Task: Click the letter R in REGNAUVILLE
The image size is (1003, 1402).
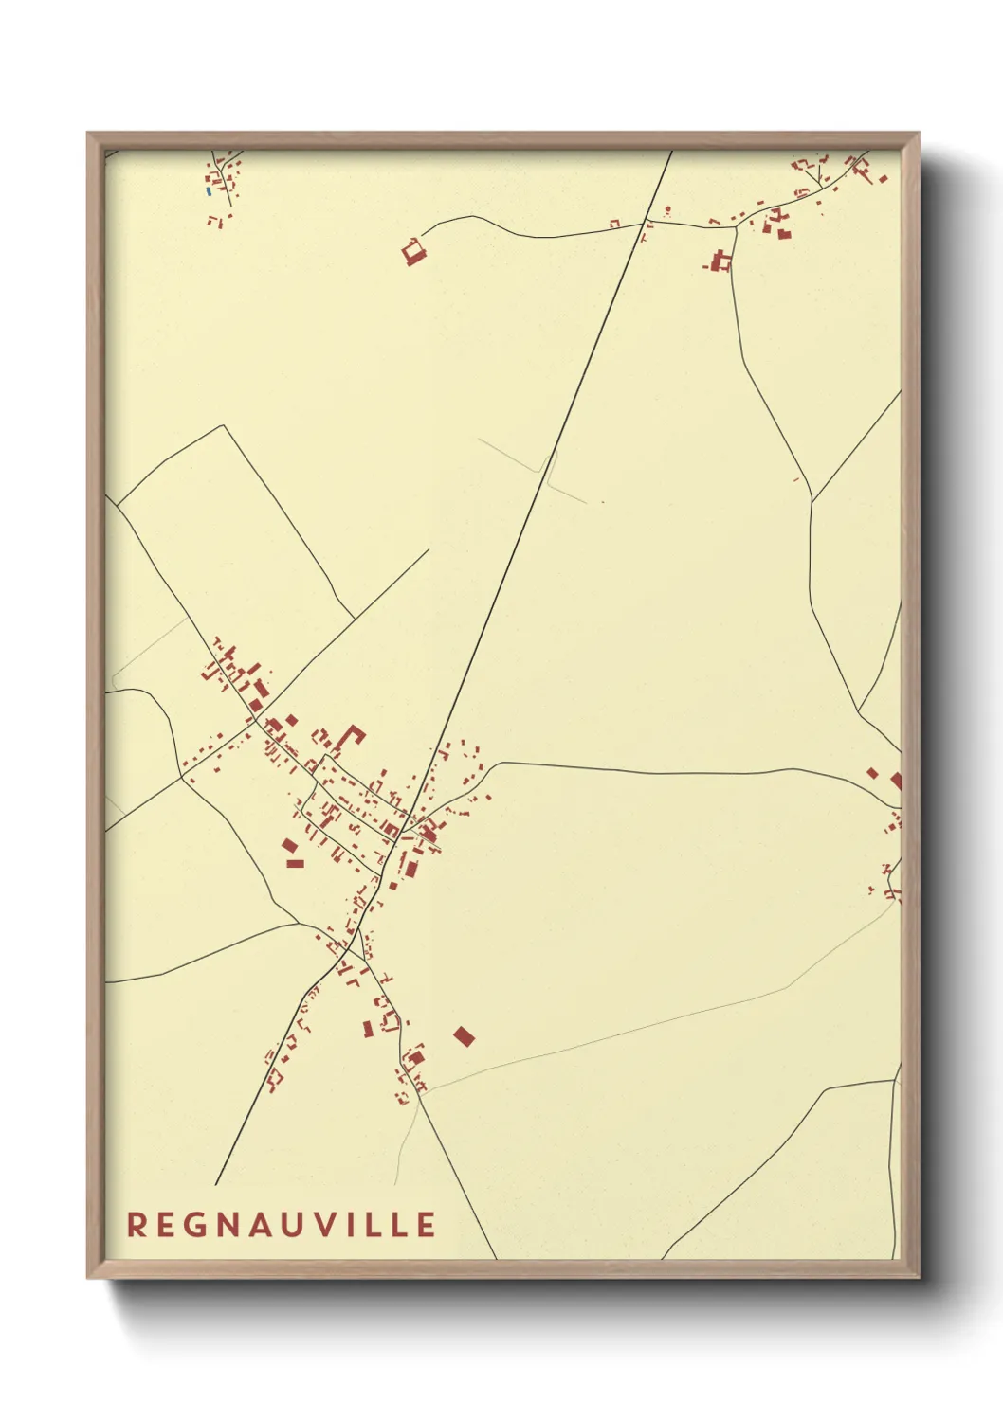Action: click(x=137, y=1225)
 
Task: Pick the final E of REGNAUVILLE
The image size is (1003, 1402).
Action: click(x=426, y=1225)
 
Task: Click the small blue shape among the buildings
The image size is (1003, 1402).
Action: click(x=209, y=191)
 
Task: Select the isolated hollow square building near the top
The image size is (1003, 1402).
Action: click(x=413, y=253)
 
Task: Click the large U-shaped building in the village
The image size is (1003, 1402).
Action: click(x=353, y=736)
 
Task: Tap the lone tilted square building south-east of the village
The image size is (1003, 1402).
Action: click(x=464, y=1036)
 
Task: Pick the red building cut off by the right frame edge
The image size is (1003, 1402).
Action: click(x=896, y=781)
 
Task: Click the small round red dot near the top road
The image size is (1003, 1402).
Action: click(x=667, y=209)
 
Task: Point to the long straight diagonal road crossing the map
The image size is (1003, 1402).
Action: click(x=531, y=512)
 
